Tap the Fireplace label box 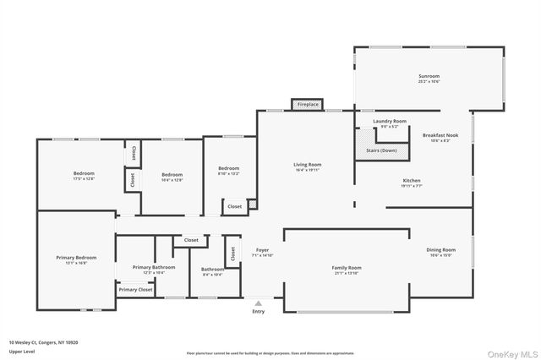(x=308, y=104)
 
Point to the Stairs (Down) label (x=381, y=150)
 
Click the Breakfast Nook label (x=440, y=137)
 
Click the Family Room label (x=347, y=270)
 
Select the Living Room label (x=308, y=166)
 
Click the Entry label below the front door (x=258, y=311)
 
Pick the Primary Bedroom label (x=76, y=259)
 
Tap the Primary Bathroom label (x=153, y=270)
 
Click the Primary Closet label (x=135, y=290)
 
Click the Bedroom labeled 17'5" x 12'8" (x=83, y=176)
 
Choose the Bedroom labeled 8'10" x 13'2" (x=228, y=171)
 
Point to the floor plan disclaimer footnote (x=270, y=353)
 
